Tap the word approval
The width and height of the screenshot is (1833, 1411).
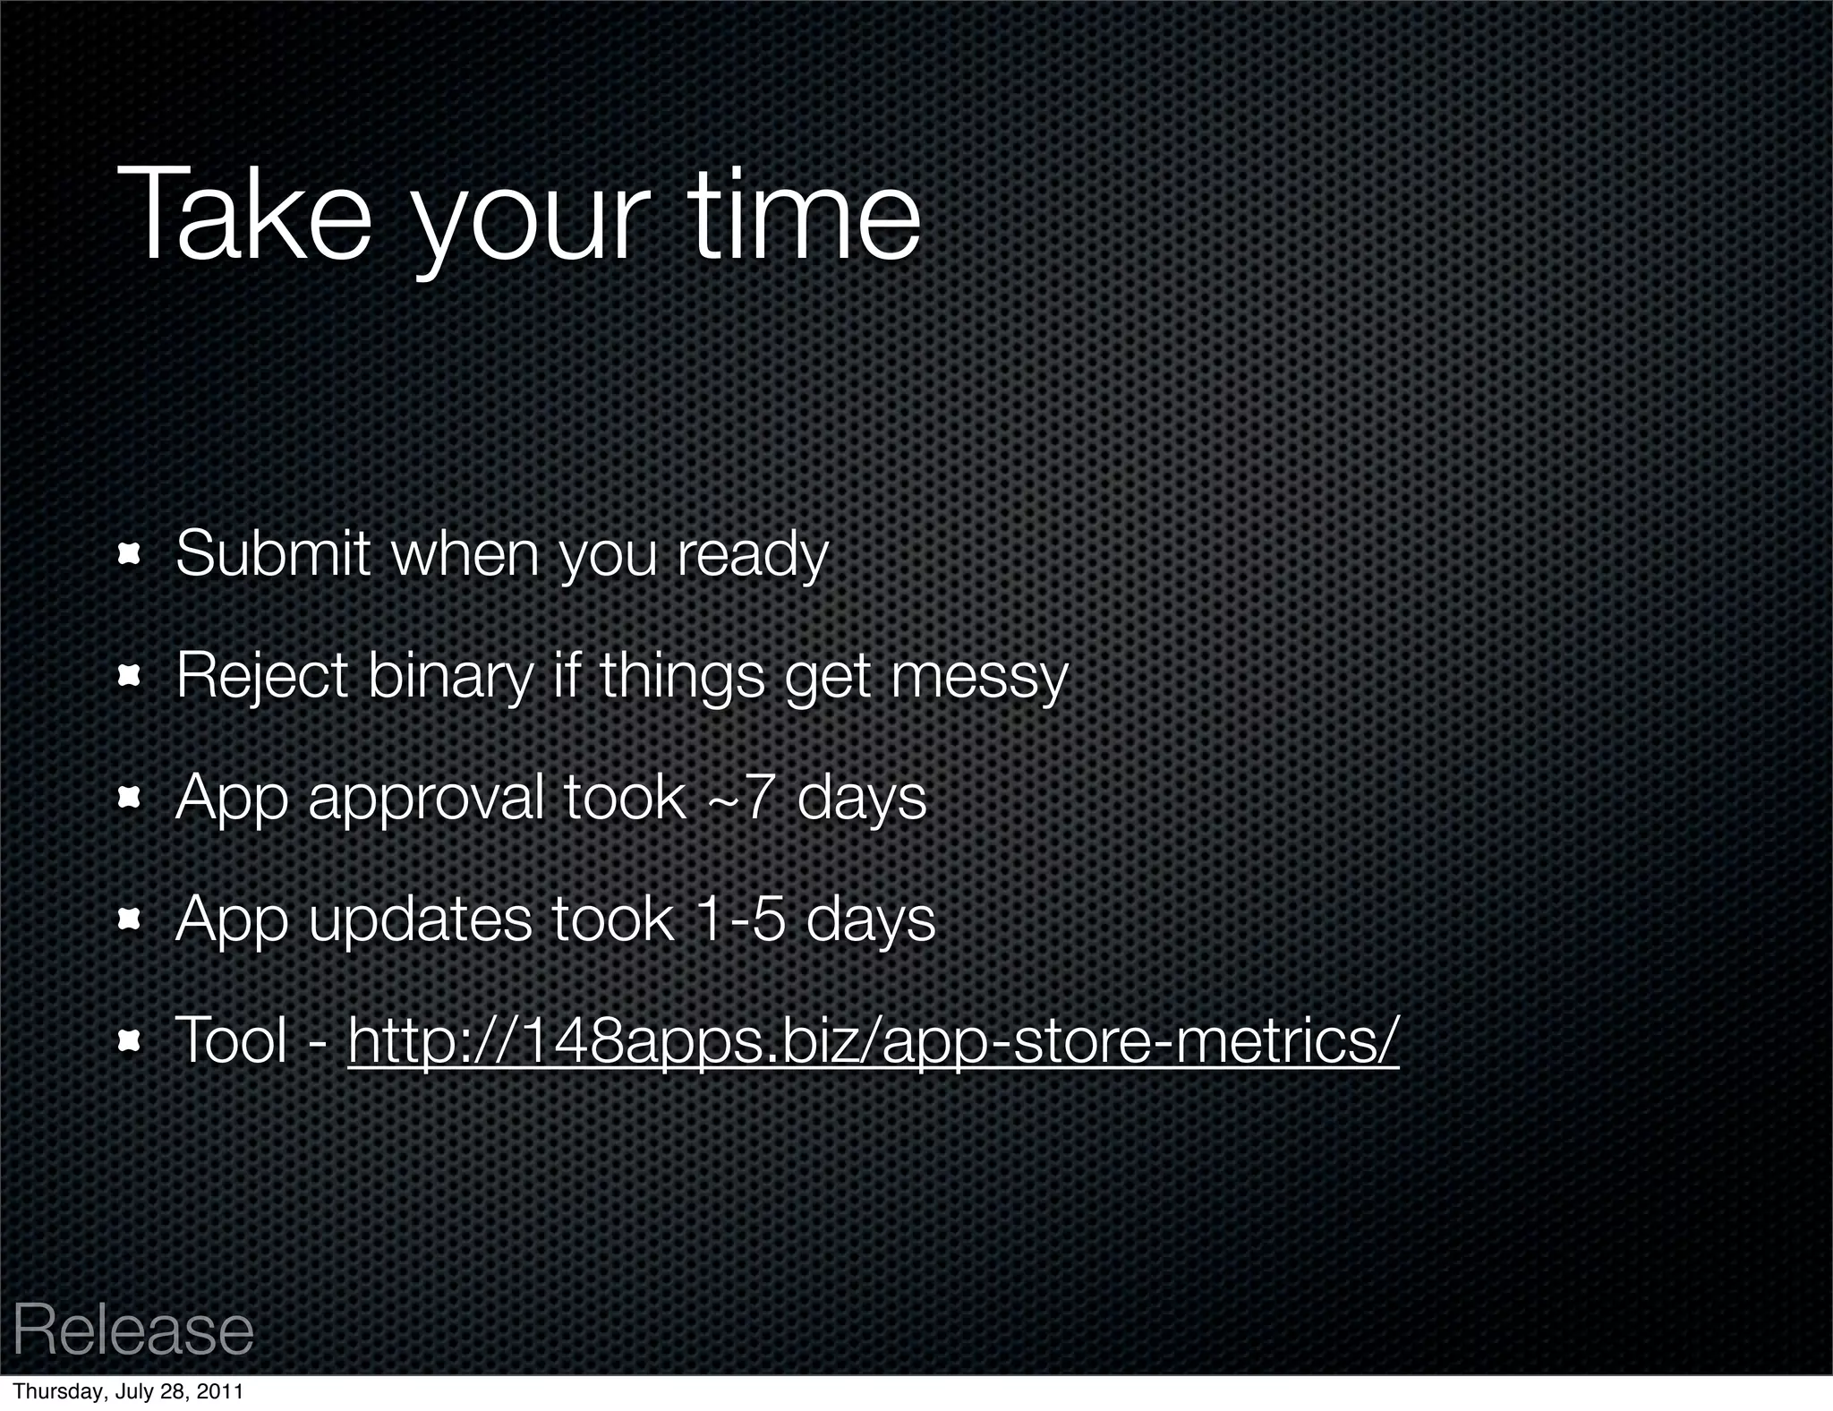point(426,799)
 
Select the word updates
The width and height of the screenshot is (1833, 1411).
point(420,920)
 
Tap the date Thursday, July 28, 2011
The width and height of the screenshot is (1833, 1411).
point(128,1392)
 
